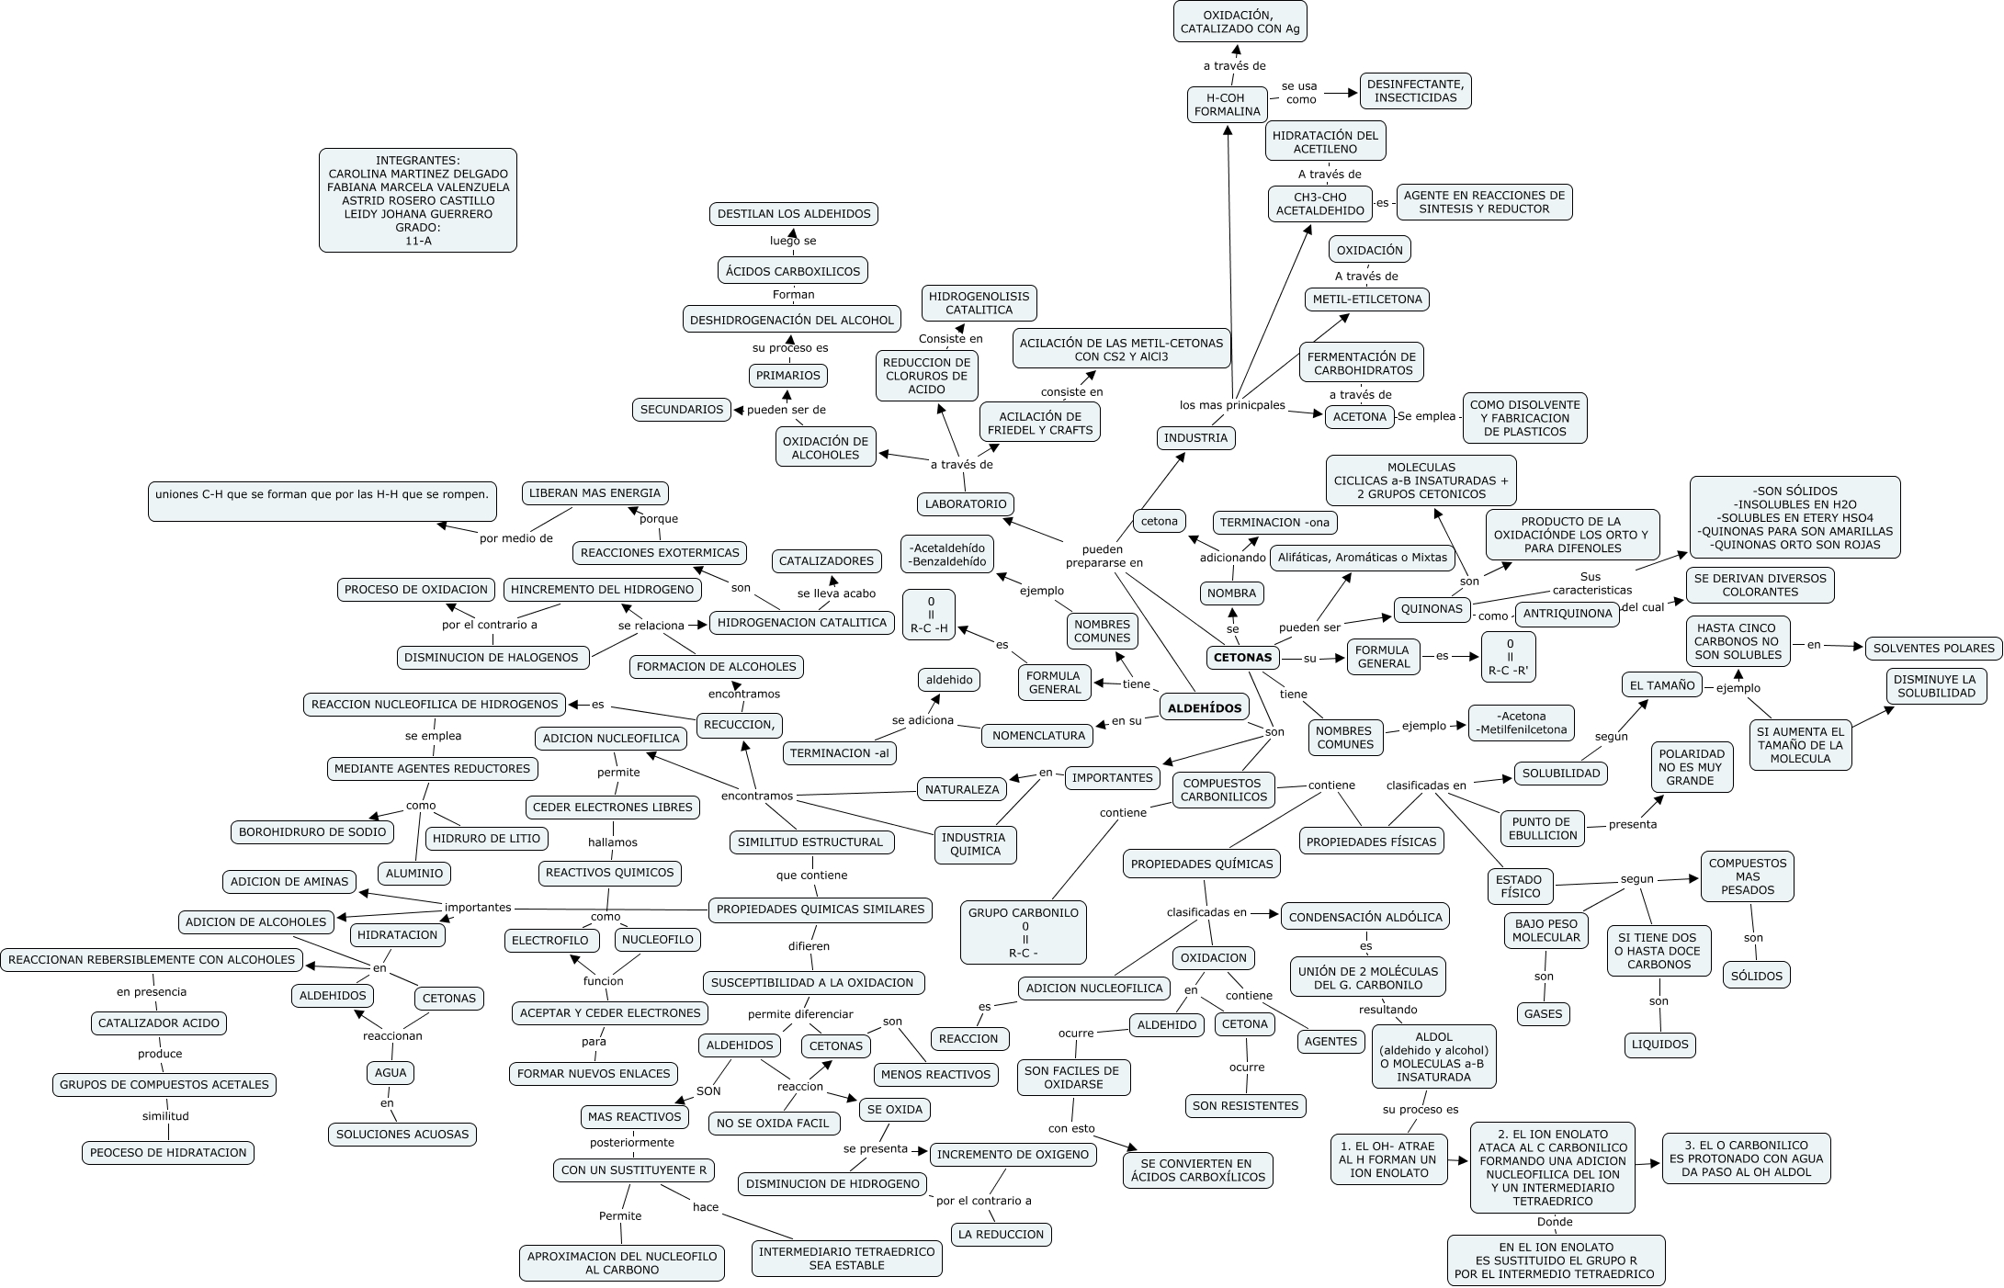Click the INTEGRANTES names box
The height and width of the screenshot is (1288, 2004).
[x=417, y=200]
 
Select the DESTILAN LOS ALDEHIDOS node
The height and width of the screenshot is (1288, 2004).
[x=794, y=214]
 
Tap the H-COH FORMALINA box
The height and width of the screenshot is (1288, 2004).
[x=1227, y=105]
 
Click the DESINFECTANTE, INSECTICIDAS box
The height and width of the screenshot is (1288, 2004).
[x=1415, y=91]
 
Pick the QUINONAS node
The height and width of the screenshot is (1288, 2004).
[x=1432, y=608]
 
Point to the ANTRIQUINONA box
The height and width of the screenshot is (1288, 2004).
[x=1567, y=614]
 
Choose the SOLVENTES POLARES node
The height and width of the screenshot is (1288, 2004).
[x=1933, y=648]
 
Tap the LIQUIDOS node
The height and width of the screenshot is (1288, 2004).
[x=1659, y=1045]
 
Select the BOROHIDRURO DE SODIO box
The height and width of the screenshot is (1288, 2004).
[x=312, y=832]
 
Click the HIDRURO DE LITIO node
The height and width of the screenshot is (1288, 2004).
[x=487, y=838]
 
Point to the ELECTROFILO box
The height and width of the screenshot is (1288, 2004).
[x=550, y=941]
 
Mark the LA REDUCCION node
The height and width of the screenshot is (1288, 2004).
[x=1001, y=1235]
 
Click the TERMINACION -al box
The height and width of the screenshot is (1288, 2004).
[x=840, y=753]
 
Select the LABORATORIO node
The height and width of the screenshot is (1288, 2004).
[x=966, y=503]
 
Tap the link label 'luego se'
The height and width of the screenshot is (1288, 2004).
[x=793, y=241]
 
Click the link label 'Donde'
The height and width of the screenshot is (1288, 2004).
[x=1555, y=1222]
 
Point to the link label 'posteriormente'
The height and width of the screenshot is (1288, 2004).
[x=631, y=1143]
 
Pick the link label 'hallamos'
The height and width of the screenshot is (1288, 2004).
[x=612, y=842]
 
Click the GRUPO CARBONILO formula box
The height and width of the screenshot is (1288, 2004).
[x=1025, y=932]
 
